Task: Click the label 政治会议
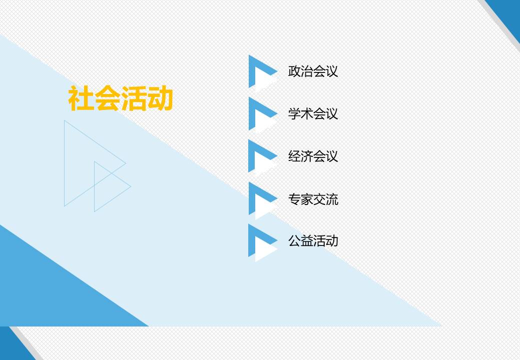click(313, 71)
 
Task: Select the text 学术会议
click(313, 113)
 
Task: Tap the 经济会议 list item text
click(313, 156)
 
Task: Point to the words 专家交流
click(313, 199)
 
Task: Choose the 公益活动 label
click(313, 241)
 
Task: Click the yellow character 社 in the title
click(81, 98)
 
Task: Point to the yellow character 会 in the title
click(107, 98)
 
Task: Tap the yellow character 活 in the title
click(134, 98)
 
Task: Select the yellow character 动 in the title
click(160, 98)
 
